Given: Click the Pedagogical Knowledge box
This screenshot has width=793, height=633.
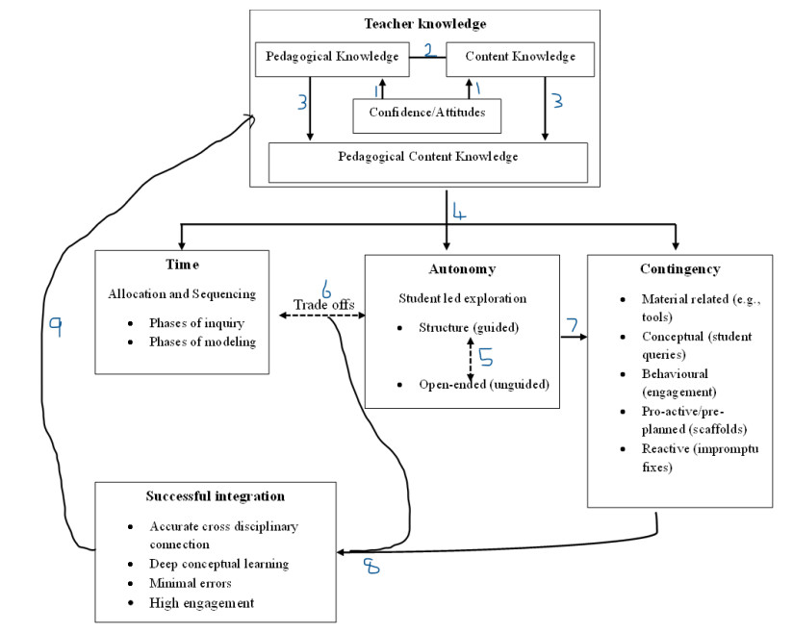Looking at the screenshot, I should click(x=318, y=57).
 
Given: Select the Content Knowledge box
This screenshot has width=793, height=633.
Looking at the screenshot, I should click(x=520, y=57).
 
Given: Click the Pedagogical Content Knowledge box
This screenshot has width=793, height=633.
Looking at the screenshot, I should click(x=427, y=157).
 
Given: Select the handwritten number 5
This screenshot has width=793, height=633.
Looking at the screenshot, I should click(x=486, y=357).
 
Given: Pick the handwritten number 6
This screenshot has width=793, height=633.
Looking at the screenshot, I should click(x=325, y=289).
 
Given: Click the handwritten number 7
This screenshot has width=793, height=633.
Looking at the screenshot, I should click(x=573, y=327).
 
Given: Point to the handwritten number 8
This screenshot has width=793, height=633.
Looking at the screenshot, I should click(x=371, y=567).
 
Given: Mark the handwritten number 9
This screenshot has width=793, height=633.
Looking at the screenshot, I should click(x=57, y=327).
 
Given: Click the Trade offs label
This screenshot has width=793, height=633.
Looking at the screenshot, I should click(x=324, y=305).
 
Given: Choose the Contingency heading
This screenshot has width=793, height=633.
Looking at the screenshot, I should click(x=679, y=269).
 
